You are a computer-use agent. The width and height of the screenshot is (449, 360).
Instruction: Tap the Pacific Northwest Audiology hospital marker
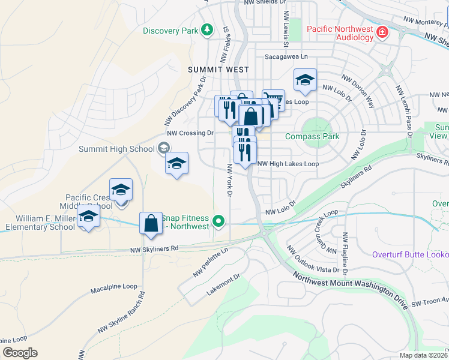click(382, 32)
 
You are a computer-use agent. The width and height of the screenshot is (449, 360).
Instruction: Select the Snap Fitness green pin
click(219, 222)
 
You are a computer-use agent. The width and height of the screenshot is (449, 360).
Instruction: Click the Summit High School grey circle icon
click(163, 148)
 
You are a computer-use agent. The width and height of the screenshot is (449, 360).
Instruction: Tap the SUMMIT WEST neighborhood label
click(218, 70)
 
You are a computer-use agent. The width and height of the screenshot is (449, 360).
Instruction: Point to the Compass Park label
click(312, 136)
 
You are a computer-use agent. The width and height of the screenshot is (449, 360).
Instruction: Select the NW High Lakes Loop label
click(288, 163)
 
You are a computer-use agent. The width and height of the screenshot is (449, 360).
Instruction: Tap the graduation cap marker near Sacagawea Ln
click(305, 80)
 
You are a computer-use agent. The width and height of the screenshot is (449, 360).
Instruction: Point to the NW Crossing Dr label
click(190, 133)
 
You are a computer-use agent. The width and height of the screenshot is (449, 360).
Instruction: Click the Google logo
click(20, 353)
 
